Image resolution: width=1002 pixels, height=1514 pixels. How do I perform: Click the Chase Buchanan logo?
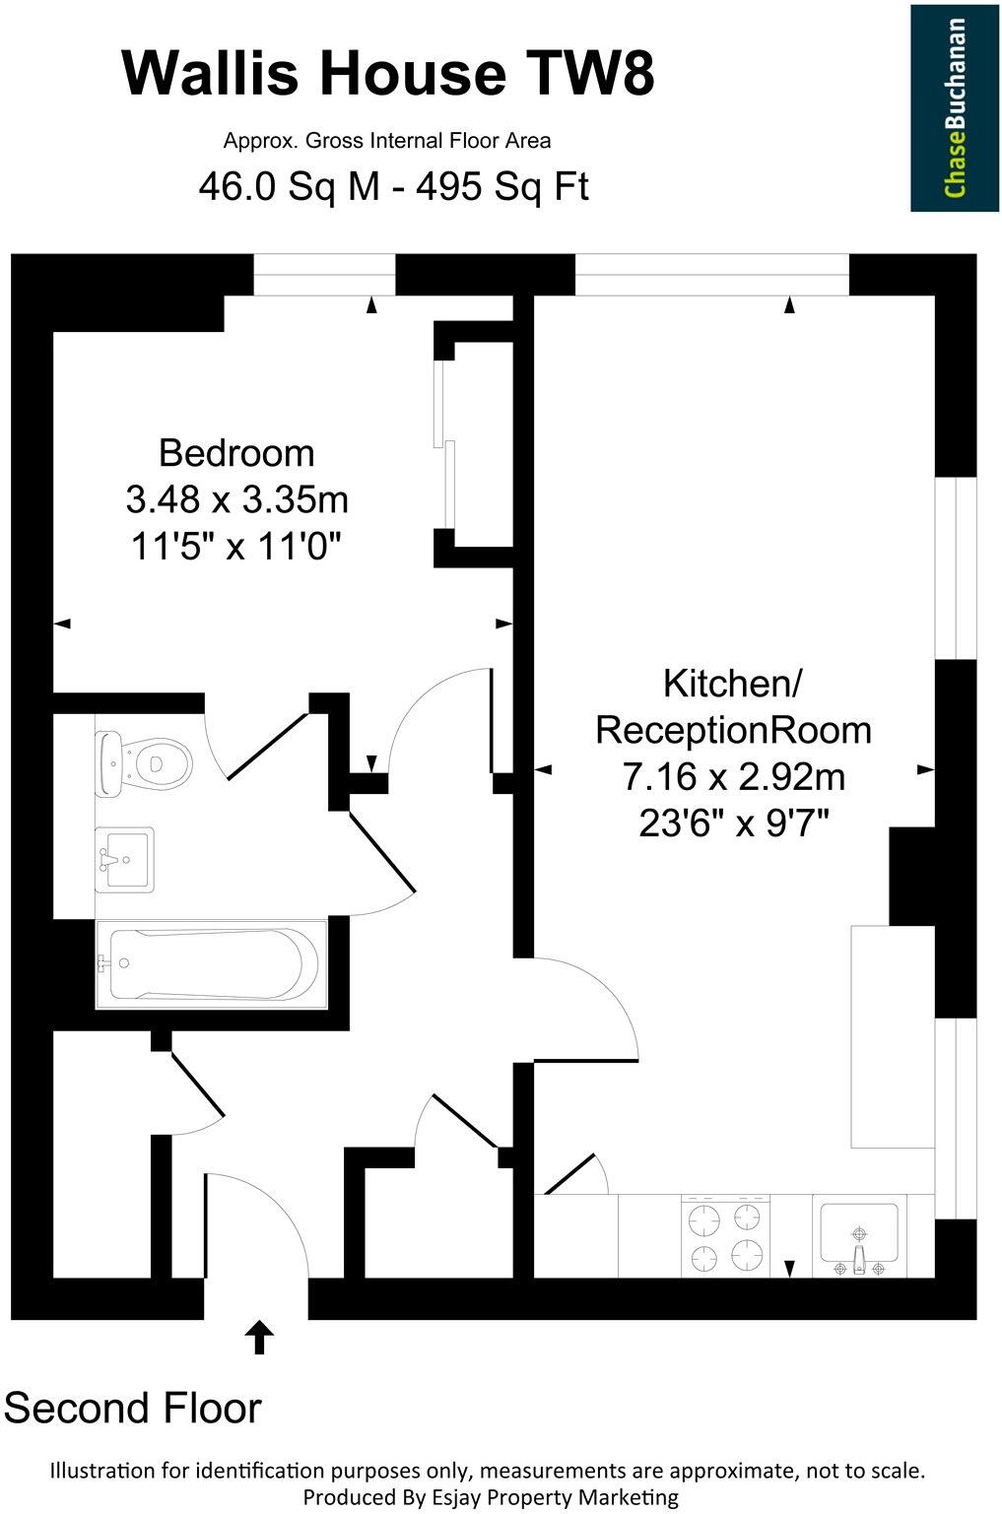coord(954,107)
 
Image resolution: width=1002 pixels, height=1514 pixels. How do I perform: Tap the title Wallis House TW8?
coord(388,73)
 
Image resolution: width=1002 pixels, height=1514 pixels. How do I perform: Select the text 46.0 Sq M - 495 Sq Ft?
coord(393,185)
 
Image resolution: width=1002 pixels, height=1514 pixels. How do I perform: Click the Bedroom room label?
coord(236,453)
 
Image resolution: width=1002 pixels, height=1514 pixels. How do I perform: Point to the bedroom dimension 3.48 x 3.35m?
coord(236,499)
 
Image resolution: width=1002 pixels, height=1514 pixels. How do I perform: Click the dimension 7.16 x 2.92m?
coord(733,777)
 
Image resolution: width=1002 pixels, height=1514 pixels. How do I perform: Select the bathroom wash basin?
coord(124,859)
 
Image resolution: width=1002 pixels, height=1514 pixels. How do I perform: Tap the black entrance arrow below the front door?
coord(259,1337)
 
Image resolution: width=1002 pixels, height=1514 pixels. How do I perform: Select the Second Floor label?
coord(133,1408)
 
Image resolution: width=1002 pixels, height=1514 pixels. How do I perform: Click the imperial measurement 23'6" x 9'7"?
coord(733,823)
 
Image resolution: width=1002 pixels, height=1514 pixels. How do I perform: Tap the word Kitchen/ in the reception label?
coord(733,683)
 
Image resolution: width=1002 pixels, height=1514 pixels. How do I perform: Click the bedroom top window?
coord(324,275)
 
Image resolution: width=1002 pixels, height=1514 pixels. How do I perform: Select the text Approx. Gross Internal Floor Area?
coord(387,141)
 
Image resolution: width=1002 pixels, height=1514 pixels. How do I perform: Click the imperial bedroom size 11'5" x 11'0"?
coord(236,545)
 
